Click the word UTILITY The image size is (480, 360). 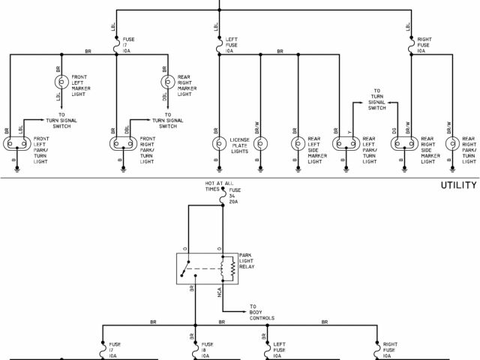457,185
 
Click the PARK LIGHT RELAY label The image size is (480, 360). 249,260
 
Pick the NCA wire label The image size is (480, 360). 219,295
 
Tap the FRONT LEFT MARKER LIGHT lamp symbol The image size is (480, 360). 61,82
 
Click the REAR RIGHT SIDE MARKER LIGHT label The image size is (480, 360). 429,150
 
